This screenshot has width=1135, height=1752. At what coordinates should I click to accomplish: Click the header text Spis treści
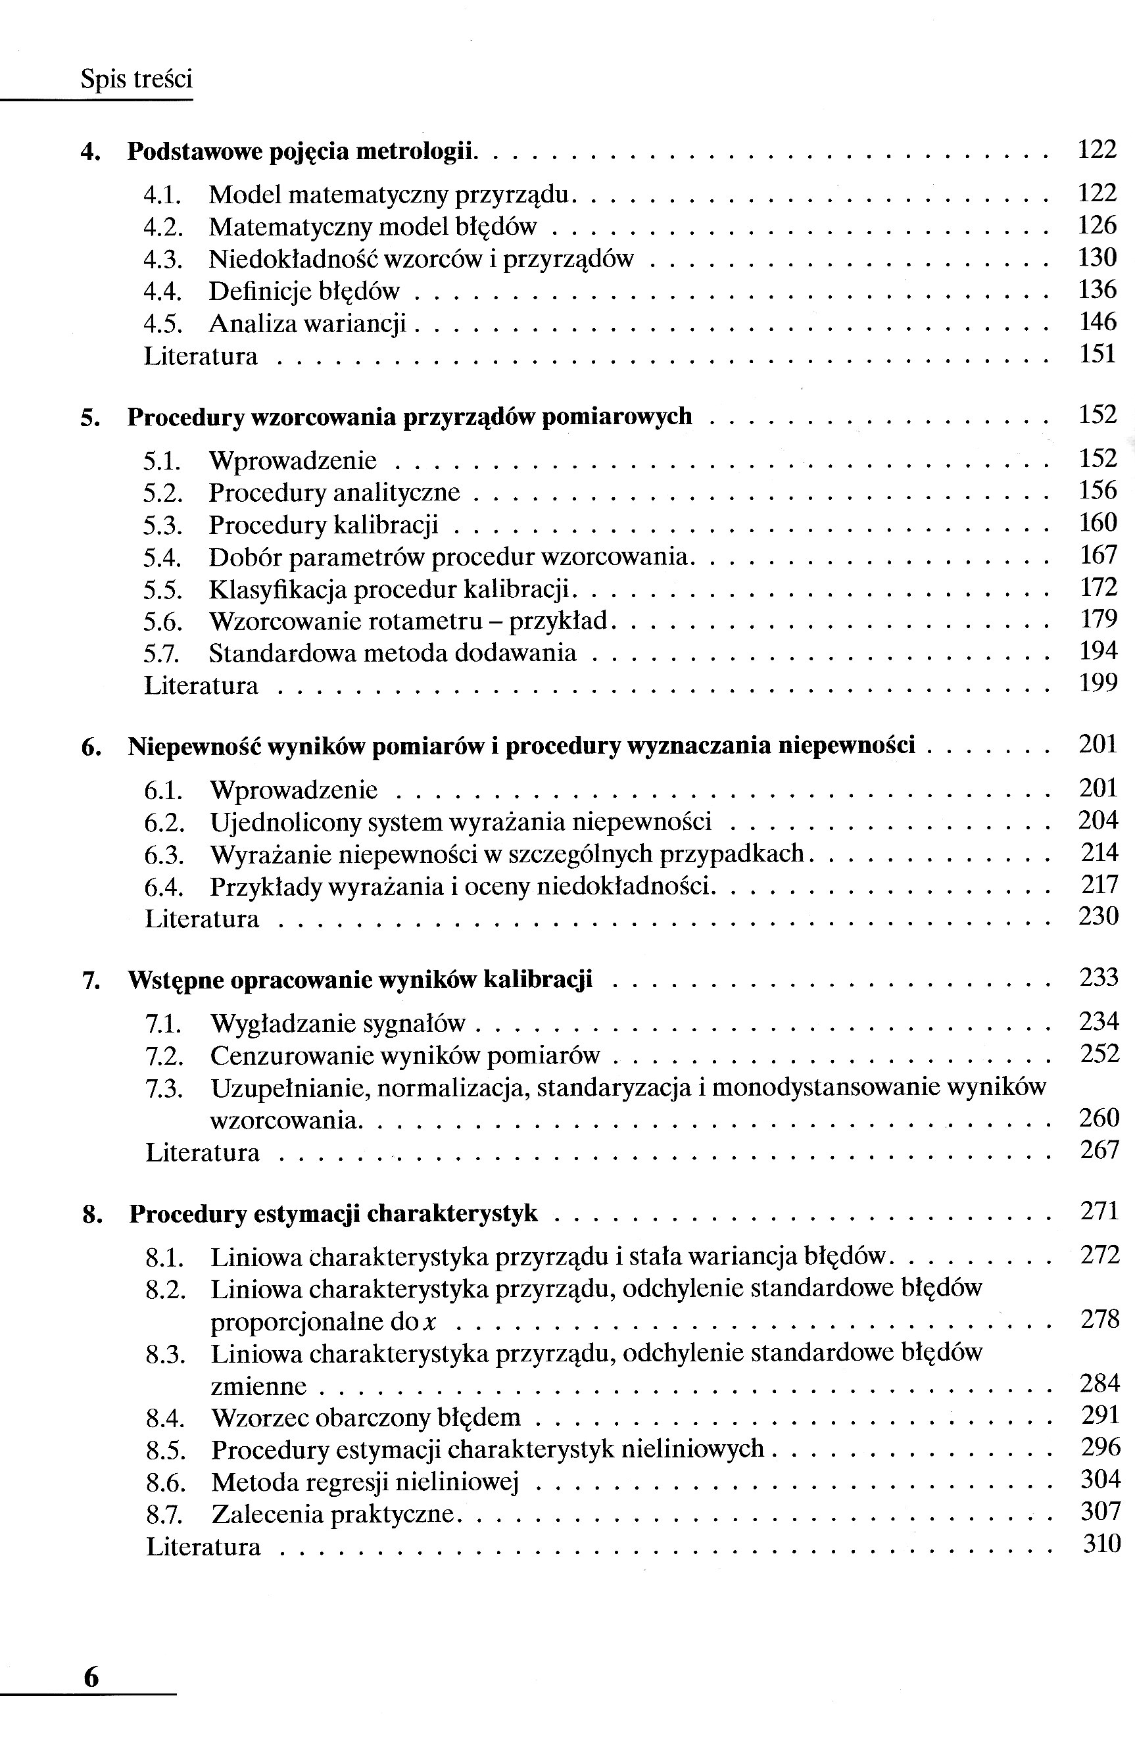click(x=136, y=79)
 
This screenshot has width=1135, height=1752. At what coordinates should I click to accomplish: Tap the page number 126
click(x=1097, y=226)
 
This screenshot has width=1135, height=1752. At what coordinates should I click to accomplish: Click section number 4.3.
click(x=162, y=259)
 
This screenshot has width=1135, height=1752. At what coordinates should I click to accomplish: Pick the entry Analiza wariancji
click(x=307, y=323)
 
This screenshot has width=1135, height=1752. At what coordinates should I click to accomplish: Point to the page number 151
click(x=1098, y=354)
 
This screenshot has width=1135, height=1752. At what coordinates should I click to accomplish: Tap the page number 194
click(x=1098, y=650)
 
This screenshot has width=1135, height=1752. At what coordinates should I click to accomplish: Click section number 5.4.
click(x=162, y=557)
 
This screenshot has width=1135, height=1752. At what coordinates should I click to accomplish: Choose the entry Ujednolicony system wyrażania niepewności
click(x=460, y=821)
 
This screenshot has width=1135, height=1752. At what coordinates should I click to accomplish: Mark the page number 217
click(x=1099, y=884)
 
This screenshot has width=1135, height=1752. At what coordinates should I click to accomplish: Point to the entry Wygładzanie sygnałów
click(x=338, y=1023)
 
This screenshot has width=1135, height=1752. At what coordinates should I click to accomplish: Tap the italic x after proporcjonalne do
click(x=431, y=1323)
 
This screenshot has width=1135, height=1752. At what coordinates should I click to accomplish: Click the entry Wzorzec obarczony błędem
click(x=365, y=1417)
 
